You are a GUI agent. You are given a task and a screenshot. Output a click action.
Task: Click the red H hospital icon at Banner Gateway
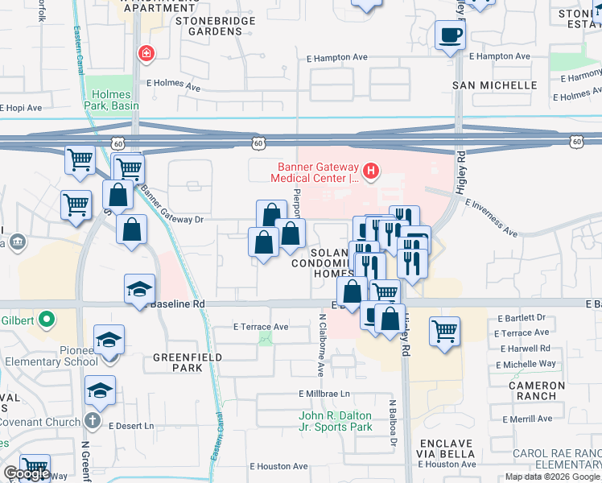(x=371, y=170)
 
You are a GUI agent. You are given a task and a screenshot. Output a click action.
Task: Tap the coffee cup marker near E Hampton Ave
(x=450, y=35)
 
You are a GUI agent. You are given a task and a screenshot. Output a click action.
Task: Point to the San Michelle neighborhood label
(x=494, y=85)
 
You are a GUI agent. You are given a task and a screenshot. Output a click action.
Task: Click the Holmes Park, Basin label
(x=111, y=99)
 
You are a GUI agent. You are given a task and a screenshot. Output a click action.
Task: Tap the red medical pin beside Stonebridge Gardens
(x=146, y=55)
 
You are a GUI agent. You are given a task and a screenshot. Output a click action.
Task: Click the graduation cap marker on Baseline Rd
(x=138, y=288)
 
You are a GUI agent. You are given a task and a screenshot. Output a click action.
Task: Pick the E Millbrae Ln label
(x=324, y=394)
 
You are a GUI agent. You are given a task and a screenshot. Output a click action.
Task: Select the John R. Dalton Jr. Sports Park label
(x=336, y=421)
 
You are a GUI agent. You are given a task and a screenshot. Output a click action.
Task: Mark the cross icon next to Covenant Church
(x=93, y=422)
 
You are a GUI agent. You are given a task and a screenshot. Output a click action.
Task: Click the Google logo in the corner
(x=26, y=474)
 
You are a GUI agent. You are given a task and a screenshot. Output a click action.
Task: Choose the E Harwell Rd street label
(x=524, y=349)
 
